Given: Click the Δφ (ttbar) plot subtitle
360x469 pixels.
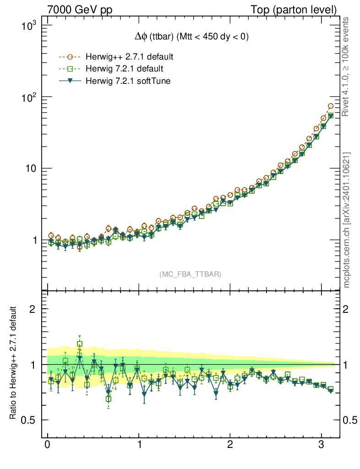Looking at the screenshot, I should [189, 38].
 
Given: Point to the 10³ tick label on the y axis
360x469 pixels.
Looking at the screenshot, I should [28, 27].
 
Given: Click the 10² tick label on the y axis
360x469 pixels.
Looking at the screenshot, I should [28, 98].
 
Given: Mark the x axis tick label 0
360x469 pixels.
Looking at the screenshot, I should [47, 445].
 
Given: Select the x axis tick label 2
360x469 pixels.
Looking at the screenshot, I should [230, 445].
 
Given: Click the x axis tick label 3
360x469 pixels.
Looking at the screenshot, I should [321, 445].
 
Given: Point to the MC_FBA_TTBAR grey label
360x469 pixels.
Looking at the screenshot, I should [191, 274].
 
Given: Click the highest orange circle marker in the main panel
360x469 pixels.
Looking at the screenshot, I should [331, 106].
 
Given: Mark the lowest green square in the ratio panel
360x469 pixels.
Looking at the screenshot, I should [109, 399].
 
